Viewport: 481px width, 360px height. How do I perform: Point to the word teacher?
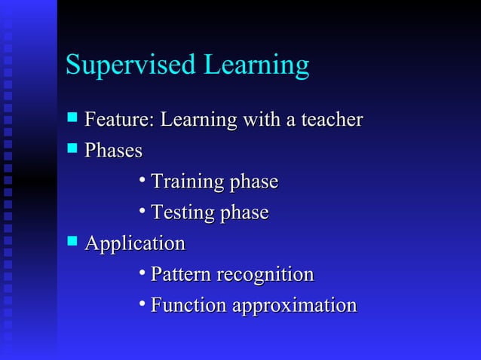click(332, 120)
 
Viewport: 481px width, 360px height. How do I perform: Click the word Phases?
click(113, 151)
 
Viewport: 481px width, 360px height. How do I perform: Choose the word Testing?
click(182, 213)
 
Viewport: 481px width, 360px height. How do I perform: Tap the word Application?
click(134, 244)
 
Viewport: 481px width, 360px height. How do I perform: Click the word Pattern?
click(181, 275)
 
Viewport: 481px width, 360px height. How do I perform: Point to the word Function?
click(188, 306)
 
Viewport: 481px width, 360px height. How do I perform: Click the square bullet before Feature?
click(72, 118)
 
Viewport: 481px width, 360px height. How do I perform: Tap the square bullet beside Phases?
click(72, 149)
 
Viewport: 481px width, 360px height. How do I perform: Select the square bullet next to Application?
click(72, 242)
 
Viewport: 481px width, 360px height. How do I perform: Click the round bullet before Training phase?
click(142, 180)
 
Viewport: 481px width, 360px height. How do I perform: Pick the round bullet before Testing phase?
click(142, 211)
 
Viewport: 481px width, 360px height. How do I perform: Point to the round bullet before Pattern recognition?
click(142, 273)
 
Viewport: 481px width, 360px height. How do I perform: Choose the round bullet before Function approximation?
click(142, 304)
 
